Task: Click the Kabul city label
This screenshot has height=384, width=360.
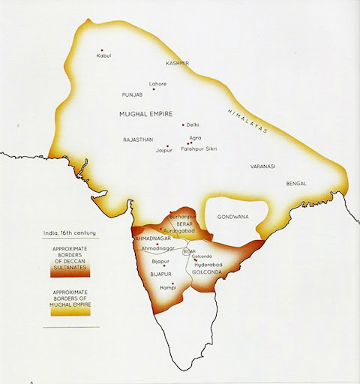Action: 103,55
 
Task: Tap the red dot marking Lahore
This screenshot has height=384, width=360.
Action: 154,89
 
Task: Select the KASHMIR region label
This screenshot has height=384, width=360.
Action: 178,64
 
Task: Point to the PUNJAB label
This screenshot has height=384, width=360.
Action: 132,96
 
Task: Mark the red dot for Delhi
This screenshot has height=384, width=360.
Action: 182,124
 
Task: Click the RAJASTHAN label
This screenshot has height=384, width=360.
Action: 139,139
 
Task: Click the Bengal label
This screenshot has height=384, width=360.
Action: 296,184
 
